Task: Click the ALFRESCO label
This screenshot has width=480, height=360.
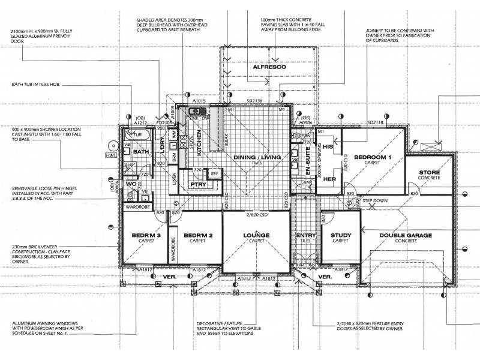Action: (268, 68)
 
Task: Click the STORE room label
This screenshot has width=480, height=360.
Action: (430, 173)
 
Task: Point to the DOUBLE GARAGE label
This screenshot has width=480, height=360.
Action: (406, 236)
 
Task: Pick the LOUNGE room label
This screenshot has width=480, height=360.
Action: (257, 236)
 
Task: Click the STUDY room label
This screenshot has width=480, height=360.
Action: (341, 236)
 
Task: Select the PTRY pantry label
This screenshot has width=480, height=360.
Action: (199, 185)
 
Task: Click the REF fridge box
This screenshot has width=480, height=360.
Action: (215, 174)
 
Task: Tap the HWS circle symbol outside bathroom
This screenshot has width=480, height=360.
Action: (112, 145)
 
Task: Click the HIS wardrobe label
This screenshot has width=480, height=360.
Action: (328, 146)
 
